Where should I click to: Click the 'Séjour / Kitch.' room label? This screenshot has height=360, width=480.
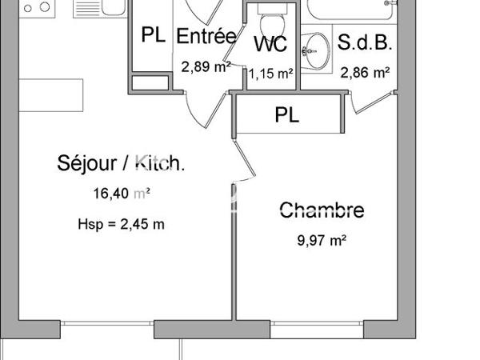[x=122, y=165]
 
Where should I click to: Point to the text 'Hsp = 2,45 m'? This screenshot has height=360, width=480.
[x=122, y=224]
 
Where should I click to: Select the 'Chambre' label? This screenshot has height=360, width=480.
[x=322, y=210]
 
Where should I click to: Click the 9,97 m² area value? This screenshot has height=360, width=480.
[x=322, y=239]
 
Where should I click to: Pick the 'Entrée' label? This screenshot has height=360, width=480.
[x=206, y=37]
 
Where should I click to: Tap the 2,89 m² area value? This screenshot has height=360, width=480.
[x=206, y=66]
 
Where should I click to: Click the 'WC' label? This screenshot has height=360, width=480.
[x=271, y=44]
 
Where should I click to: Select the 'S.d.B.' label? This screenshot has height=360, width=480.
[x=365, y=42]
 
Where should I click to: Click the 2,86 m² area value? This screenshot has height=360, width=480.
[x=365, y=72]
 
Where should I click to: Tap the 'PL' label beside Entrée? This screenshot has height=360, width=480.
[x=153, y=36]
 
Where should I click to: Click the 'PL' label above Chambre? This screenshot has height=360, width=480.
[x=287, y=115]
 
